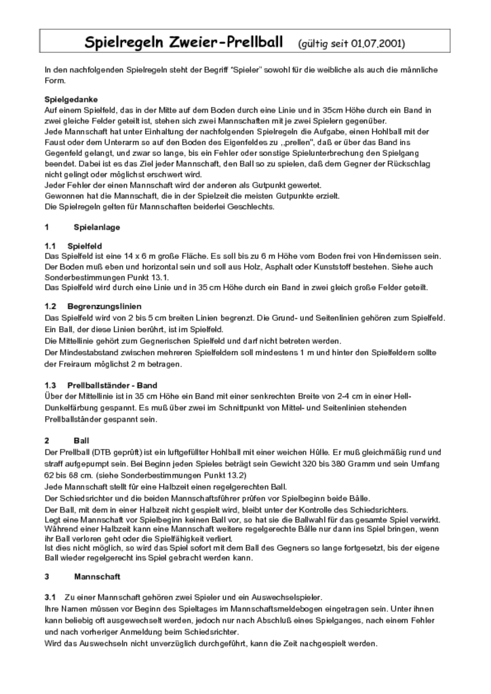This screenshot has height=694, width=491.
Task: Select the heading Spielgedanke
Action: coord(71,99)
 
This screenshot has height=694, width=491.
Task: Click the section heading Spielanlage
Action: coord(96,227)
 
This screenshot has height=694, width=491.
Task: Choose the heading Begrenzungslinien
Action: coord(102,307)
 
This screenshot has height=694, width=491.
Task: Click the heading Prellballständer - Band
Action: coord(112,386)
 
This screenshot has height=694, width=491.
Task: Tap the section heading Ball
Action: coord(81,441)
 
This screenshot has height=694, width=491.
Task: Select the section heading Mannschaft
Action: coord(97,577)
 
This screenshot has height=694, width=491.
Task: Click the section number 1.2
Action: coord(50,307)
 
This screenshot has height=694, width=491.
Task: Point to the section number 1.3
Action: coord(50,386)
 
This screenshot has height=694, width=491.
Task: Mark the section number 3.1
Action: coord(50,597)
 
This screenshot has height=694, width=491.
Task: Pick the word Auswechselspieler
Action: coord(285,597)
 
